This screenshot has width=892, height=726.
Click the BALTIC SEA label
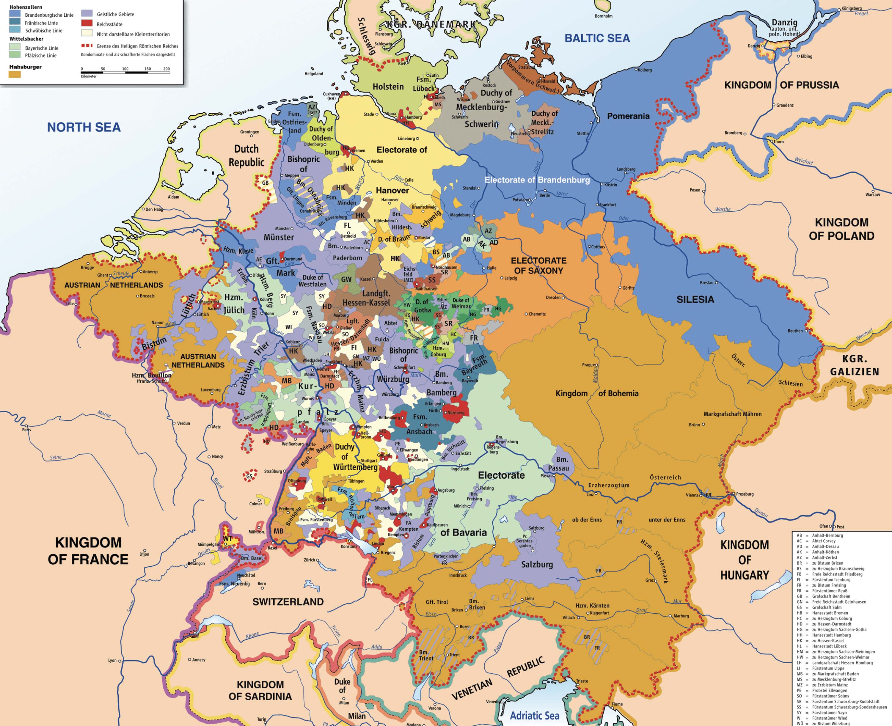coord(597,38)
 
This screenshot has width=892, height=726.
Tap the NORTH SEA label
coord(84,127)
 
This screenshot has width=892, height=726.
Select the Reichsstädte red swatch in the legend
coord(87,23)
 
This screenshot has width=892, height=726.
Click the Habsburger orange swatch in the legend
coord(15,74)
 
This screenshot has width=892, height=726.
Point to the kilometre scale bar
coord(125,72)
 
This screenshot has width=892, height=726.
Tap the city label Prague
coord(588,365)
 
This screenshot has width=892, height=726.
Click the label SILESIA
coord(695,299)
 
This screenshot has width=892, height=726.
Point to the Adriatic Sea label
coord(534,716)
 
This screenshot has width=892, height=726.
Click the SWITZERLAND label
coord(288,602)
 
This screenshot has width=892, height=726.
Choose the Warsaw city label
coord(872,194)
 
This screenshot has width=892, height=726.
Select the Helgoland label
coord(314,74)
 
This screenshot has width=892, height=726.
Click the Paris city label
coord(26,430)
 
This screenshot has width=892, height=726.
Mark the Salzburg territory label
coord(537,565)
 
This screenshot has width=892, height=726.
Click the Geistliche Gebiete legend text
coord(115,14)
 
